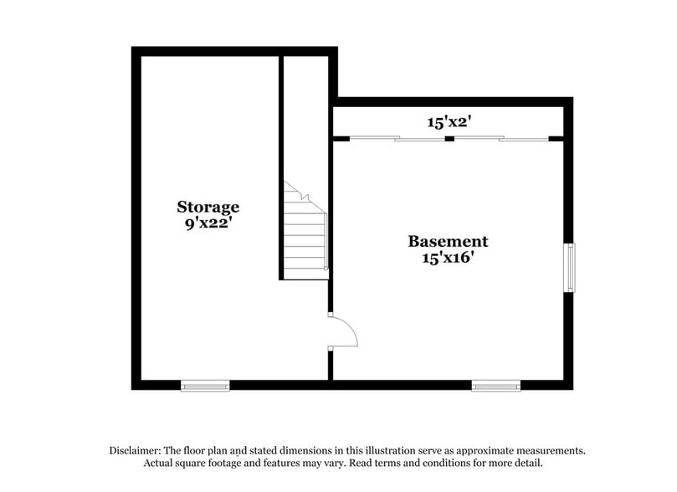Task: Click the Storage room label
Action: pyautogui.click(x=208, y=207)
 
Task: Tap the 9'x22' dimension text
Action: pyautogui.click(x=208, y=223)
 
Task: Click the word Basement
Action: pyautogui.click(x=448, y=242)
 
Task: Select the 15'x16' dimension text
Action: pyautogui.click(x=448, y=259)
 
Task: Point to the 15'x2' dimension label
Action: pyautogui.click(x=450, y=122)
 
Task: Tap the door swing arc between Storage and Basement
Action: pyautogui.click(x=346, y=332)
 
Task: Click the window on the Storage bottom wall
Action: pyautogui.click(x=205, y=386)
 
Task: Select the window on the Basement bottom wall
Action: pyautogui.click(x=495, y=386)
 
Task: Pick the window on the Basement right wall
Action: pyautogui.click(x=569, y=268)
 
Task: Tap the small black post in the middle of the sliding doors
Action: pyautogui.click(x=449, y=138)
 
